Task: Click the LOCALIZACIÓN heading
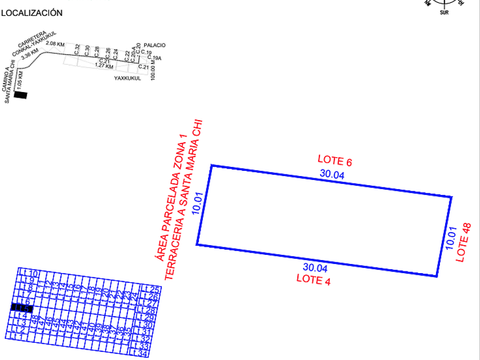[31, 13]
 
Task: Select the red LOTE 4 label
[313, 279]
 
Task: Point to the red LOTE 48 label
[464, 242]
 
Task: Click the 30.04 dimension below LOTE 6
[332, 175]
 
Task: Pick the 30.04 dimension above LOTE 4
[315, 267]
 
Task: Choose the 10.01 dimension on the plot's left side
[198, 203]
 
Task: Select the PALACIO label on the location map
[155, 45]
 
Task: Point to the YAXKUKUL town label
[127, 78]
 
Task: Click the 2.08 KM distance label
[54, 44]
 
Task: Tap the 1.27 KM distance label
[103, 66]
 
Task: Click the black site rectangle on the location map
[21, 95]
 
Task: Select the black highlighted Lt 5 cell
[22, 308]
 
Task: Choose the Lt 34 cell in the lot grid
[141, 354]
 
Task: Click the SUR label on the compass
[444, 13]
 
